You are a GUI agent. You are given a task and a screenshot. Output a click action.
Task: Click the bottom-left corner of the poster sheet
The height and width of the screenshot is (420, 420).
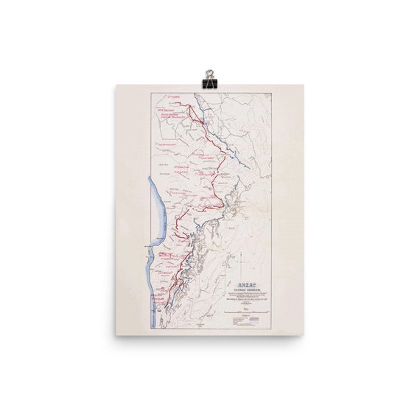pos(116,335)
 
